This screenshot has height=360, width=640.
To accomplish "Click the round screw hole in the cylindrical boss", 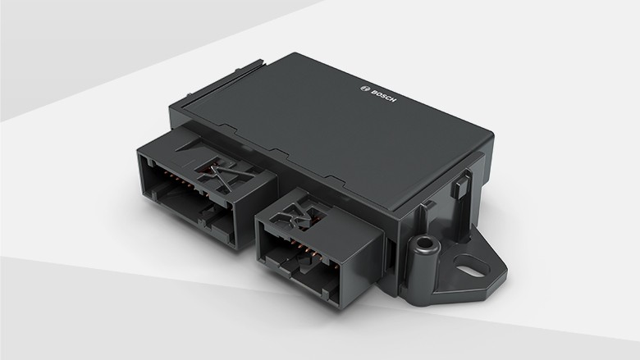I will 424,244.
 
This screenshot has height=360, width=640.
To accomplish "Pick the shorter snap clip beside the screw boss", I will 429,212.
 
